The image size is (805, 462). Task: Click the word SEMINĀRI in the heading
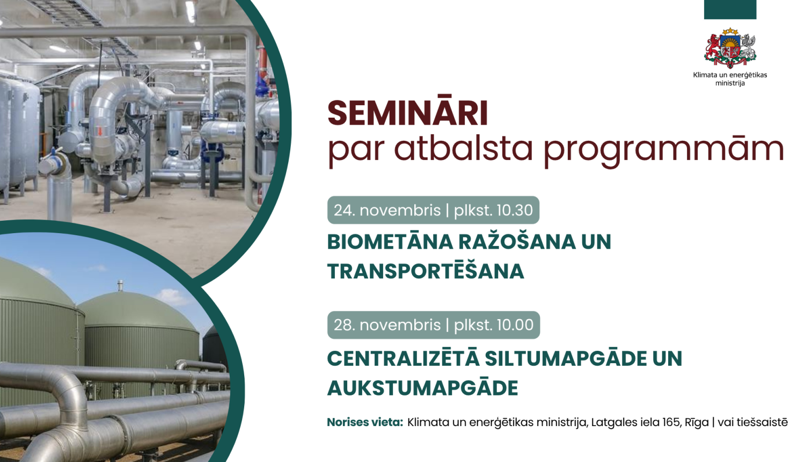[407, 113]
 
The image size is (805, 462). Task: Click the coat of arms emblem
[730, 49]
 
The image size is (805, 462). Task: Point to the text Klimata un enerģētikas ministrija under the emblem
[730, 79]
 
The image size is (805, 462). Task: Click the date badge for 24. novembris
[433, 210]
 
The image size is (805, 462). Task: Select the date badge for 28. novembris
[433, 325]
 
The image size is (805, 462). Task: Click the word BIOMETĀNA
[390, 242]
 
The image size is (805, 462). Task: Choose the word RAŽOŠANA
[517, 242]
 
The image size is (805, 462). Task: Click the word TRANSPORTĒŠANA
[426, 271]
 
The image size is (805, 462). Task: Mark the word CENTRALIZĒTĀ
[402, 358]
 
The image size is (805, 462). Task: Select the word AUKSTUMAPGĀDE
[423, 388]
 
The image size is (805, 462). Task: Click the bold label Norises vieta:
[365, 422]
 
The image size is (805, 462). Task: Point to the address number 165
[671, 422]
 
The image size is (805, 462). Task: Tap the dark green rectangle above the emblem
[730, 9]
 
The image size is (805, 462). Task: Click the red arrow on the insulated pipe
[99, 131]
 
